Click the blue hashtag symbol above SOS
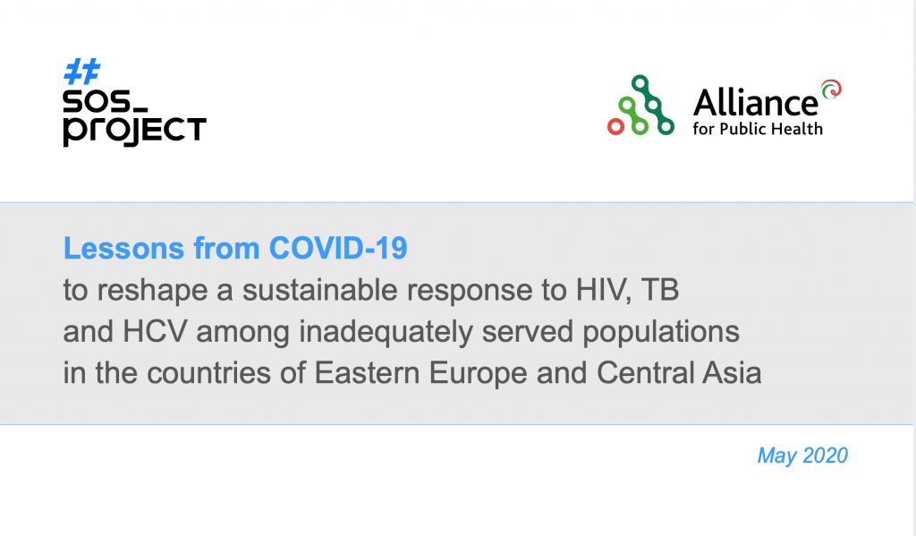click(81, 72)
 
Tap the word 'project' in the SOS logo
click(135, 131)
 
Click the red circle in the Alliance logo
click(615, 126)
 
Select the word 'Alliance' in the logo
click(755, 104)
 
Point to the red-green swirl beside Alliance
click(831, 89)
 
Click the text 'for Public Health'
click(758, 129)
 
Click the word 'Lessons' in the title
click(123, 248)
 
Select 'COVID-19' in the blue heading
click(338, 248)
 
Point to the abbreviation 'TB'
click(660, 289)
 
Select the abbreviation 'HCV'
click(155, 331)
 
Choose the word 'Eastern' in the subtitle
click(367, 373)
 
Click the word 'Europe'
click(479, 374)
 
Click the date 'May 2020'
click(802, 455)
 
